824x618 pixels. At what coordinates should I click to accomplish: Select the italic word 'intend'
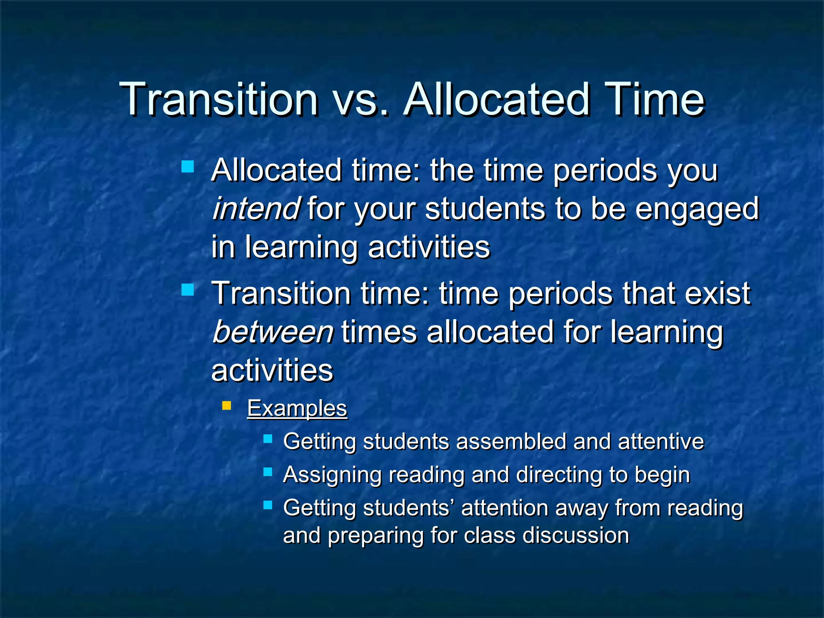coord(256,209)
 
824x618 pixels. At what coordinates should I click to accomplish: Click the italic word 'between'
coord(273,332)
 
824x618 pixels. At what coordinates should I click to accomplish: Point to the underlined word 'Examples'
coord(297,408)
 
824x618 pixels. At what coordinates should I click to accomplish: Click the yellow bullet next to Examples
coord(227,405)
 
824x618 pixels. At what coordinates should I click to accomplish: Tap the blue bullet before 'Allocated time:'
coord(187,167)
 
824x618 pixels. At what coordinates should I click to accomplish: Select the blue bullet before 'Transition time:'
coord(187,290)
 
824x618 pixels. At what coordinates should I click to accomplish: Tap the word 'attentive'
coord(661,442)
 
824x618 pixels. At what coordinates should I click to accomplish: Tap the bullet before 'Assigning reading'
coord(268,472)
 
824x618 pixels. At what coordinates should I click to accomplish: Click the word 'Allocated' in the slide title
coord(496,100)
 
